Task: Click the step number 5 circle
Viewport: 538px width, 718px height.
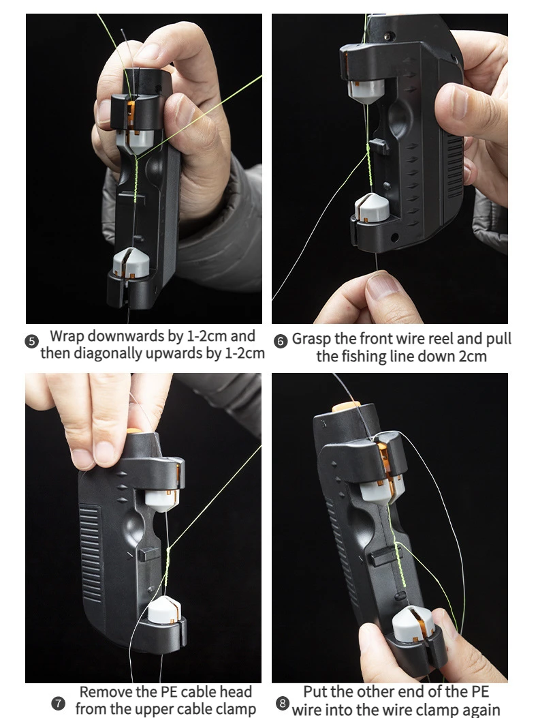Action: tap(31, 341)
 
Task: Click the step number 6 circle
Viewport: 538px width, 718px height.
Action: tap(280, 341)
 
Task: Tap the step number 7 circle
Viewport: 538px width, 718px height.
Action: tap(58, 703)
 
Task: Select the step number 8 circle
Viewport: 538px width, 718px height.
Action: tap(283, 703)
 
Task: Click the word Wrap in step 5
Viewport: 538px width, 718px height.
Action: tap(67, 336)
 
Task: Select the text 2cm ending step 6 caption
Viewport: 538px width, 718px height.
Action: tap(472, 356)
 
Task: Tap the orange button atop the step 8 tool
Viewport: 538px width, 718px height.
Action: tap(347, 406)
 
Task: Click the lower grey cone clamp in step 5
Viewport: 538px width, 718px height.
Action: tap(131, 263)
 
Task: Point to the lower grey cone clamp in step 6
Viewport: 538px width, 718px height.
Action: tap(372, 207)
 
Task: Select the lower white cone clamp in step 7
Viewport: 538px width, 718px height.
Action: tap(164, 610)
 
